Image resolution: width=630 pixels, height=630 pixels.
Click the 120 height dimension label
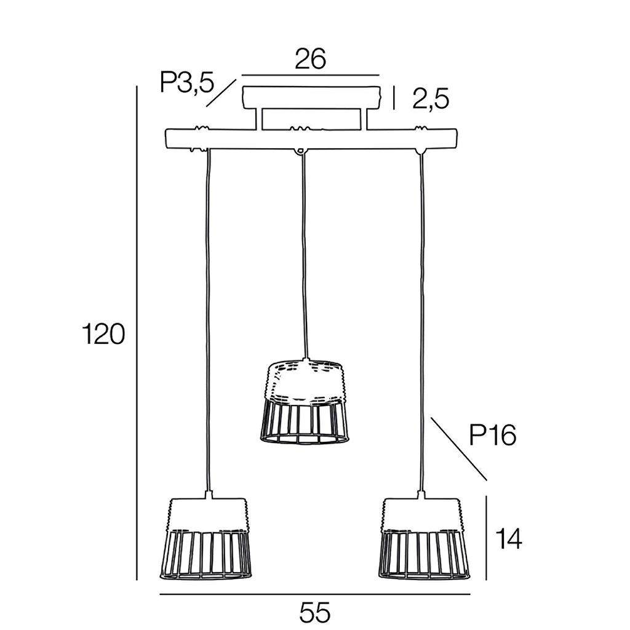tap(103, 334)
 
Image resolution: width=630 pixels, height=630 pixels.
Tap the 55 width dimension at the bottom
tap(314, 613)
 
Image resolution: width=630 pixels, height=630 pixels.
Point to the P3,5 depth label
tap(187, 83)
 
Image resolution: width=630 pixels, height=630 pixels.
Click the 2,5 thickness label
tap(431, 99)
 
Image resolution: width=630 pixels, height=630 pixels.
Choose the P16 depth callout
tap(493, 435)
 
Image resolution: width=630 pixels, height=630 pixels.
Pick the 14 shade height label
tap(508, 539)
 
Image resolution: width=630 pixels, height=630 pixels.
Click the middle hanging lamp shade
tap(303, 402)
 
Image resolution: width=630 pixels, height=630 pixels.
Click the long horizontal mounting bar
tap(311, 138)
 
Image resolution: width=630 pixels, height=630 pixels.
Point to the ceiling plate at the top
tap(311, 97)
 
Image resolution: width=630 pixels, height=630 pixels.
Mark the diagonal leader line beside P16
tap(459, 449)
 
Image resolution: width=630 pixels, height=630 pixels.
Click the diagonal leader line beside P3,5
tap(221, 94)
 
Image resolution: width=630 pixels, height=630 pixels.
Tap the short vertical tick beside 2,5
tap(394, 98)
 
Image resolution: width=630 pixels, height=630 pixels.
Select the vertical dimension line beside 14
tap(486, 538)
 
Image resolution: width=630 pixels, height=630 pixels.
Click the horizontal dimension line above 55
tap(315, 594)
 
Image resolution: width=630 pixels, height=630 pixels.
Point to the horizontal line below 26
tap(310, 74)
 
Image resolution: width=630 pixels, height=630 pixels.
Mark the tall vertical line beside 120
tap(137, 333)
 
